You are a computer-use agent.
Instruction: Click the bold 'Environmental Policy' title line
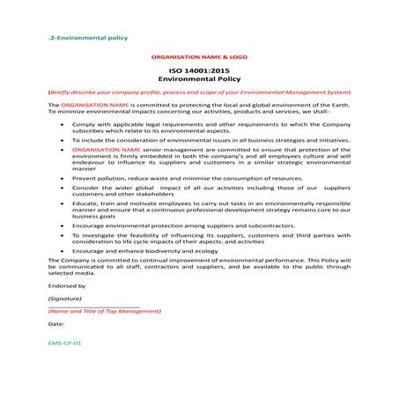coord(199,78)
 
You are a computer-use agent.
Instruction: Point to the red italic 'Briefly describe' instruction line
coord(200,92)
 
